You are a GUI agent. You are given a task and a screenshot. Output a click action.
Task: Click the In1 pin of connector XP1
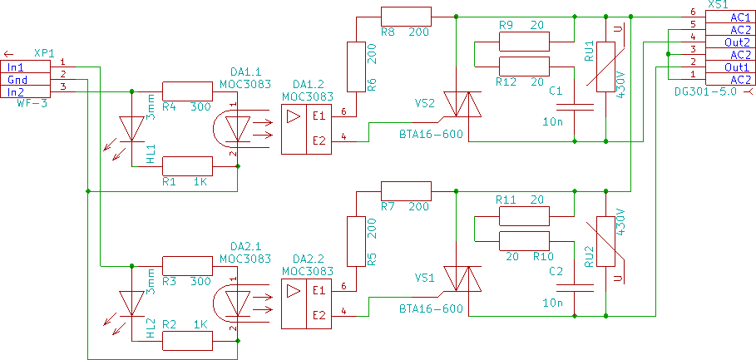click(27, 67)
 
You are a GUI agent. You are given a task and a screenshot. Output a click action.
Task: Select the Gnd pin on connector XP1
click(27, 79)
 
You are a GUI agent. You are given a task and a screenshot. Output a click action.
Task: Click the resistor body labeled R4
click(187, 91)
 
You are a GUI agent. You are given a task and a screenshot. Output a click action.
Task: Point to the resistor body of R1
click(187, 166)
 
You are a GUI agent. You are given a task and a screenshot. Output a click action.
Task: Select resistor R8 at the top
click(407, 17)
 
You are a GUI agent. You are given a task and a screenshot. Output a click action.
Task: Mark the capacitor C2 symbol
click(575, 286)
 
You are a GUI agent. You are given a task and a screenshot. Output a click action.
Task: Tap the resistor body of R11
click(524, 216)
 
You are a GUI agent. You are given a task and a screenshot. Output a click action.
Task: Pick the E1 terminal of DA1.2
click(319, 116)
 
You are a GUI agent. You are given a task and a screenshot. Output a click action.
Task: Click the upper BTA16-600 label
click(430, 134)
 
